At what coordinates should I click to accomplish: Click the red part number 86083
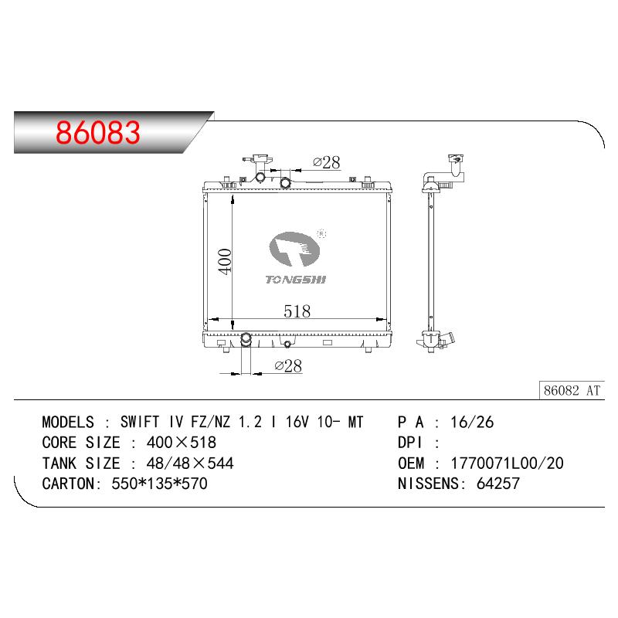pos(98,132)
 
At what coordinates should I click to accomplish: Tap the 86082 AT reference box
pos(572,391)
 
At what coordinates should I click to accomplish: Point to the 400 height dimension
pos(225,261)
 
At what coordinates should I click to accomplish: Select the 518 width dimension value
pos(297,311)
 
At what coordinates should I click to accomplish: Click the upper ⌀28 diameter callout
pos(326,162)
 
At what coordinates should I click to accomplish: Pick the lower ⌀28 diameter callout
pos(288,365)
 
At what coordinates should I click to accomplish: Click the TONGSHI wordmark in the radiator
pos(296,280)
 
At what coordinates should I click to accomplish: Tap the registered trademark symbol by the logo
pos(321,234)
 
